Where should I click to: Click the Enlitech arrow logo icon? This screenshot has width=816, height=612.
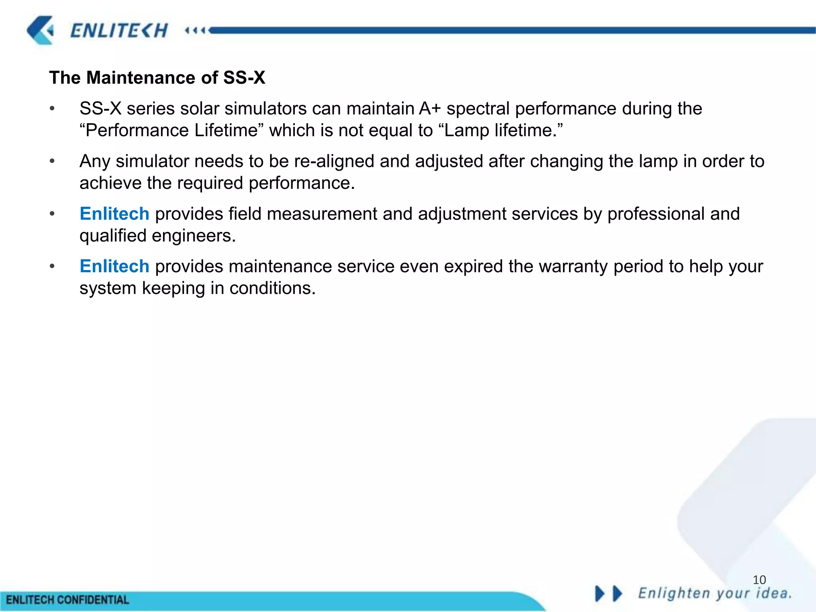pyautogui.click(x=40, y=30)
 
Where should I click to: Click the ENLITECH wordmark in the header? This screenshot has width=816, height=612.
pyautogui.click(x=119, y=31)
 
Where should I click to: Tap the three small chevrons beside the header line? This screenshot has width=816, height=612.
pyautogui.click(x=195, y=31)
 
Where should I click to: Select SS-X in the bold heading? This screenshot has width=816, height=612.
pyautogui.click(x=244, y=78)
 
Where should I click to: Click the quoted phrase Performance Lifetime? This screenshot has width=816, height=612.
pyautogui.click(x=172, y=131)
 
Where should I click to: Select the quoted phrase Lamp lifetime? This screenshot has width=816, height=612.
pyautogui.click(x=503, y=131)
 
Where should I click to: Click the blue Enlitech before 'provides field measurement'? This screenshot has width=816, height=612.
pyautogui.click(x=114, y=214)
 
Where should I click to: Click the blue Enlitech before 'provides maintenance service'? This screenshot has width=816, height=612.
pyautogui.click(x=114, y=267)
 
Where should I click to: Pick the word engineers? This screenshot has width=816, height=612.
pyautogui.click(x=194, y=236)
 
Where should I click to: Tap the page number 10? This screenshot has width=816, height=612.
pyautogui.click(x=759, y=580)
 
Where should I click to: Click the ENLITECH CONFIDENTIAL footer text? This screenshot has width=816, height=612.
pyautogui.click(x=68, y=600)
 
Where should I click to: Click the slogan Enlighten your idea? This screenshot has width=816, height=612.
pyautogui.click(x=715, y=593)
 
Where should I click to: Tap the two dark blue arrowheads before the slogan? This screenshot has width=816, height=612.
pyautogui.click(x=608, y=594)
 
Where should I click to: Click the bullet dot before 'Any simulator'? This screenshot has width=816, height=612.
pyautogui.click(x=52, y=161)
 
